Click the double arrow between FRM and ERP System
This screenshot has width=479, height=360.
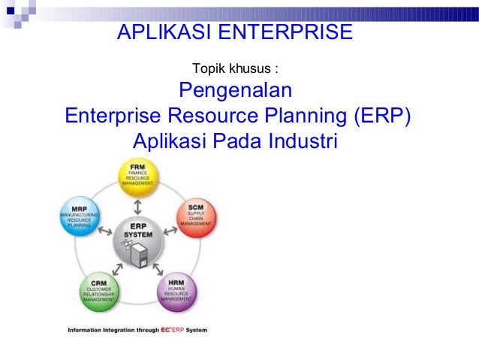click(137, 205)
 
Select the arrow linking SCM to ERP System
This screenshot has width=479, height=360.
click(170, 232)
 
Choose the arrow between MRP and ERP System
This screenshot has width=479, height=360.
click(106, 232)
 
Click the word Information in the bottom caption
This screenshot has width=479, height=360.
click(83, 330)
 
